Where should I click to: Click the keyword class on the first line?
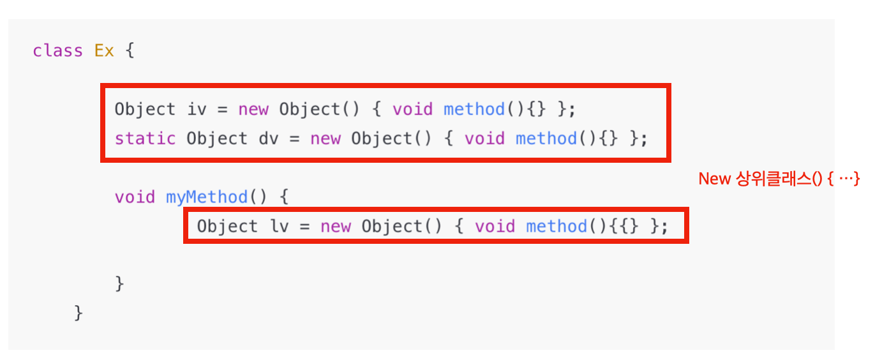(x=57, y=51)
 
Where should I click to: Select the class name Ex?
(x=104, y=51)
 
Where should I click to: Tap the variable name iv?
(x=197, y=109)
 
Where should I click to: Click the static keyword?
(x=145, y=139)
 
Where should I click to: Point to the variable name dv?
(x=269, y=139)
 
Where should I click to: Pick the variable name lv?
(x=279, y=226)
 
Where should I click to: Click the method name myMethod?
(x=207, y=197)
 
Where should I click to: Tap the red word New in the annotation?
(x=714, y=179)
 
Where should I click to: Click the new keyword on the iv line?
(x=253, y=109)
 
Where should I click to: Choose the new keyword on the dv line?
(x=325, y=139)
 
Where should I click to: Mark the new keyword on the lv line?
(x=336, y=226)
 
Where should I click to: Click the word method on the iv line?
(x=474, y=109)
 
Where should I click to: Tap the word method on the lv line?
(x=557, y=226)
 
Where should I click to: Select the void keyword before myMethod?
(x=135, y=197)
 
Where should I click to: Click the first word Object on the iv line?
(x=145, y=109)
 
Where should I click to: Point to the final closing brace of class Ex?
(x=78, y=313)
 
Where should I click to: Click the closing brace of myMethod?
(x=119, y=283)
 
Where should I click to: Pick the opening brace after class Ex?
(x=130, y=51)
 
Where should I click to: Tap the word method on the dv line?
(x=546, y=139)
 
